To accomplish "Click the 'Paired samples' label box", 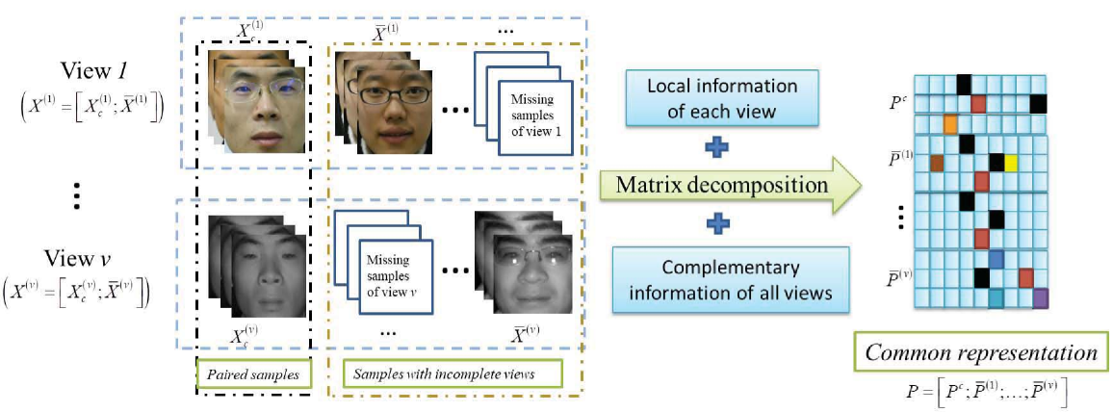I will (x=253, y=373).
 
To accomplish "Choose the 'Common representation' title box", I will (x=981, y=353).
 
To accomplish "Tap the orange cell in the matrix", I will (x=950, y=124).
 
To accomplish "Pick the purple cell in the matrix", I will (x=1041, y=298).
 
